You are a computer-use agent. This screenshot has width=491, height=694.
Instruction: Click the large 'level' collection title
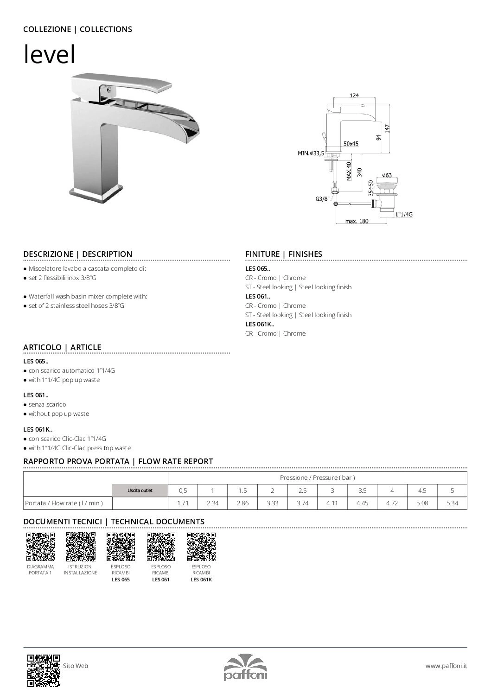(49, 55)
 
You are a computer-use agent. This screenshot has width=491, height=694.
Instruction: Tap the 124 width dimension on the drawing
(354, 96)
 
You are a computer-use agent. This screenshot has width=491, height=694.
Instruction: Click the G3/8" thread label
(322, 199)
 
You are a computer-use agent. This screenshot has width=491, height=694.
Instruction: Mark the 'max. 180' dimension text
(357, 221)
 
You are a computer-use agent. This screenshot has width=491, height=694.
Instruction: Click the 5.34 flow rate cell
(452, 503)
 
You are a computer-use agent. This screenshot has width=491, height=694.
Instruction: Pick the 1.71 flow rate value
(183, 503)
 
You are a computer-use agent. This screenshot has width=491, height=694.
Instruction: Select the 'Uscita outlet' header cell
(140, 490)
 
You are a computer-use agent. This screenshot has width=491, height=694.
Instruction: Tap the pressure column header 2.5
(302, 490)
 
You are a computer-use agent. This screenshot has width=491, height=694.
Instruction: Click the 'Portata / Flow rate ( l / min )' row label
(64, 503)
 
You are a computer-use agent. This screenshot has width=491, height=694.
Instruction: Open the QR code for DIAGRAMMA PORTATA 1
(40, 547)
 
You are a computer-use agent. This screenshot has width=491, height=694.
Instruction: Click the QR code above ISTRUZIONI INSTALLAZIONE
(81, 547)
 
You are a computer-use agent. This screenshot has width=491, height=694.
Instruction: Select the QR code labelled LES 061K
(201, 547)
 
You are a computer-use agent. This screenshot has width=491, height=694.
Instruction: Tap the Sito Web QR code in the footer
(43, 670)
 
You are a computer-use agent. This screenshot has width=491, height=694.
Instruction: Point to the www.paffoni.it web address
(446, 666)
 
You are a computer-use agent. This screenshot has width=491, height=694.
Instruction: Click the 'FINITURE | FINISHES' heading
(283, 254)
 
